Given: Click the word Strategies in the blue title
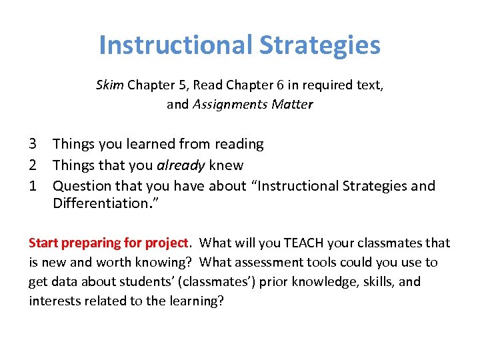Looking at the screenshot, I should click(x=319, y=45).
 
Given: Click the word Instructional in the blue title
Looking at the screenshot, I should click(x=175, y=45).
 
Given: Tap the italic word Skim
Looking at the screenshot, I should click(x=110, y=85).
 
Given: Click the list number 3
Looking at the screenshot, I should click(x=33, y=144).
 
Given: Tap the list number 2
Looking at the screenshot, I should click(x=33, y=165).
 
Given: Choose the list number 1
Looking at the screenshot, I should click(x=33, y=186).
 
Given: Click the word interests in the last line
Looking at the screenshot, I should click(x=55, y=301).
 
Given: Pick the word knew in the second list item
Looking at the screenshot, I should click(x=228, y=165).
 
